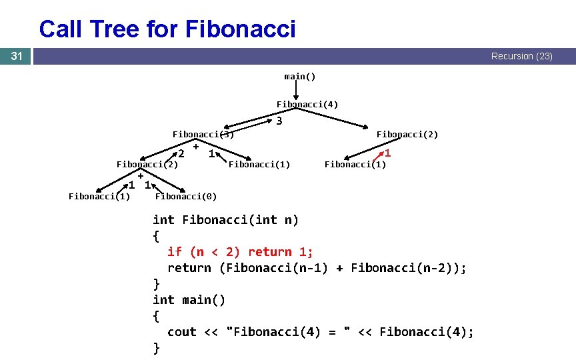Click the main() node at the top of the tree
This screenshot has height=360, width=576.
(300, 76)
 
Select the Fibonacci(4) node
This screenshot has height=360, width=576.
(307, 105)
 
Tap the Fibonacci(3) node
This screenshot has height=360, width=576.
(203, 135)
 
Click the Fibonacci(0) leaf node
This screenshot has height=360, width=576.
(185, 196)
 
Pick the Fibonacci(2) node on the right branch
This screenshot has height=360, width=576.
(407, 135)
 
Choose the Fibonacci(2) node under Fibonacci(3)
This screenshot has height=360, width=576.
(147, 164)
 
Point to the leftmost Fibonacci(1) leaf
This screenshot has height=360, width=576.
(99, 196)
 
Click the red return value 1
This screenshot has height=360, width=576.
(387, 153)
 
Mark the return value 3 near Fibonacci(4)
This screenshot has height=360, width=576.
(279, 121)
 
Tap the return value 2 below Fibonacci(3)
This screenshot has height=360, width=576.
(181, 154)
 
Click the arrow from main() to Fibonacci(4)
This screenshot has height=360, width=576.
(296, 90)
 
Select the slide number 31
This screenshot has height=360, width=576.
(16, 57)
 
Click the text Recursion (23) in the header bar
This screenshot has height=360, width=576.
(521, 57)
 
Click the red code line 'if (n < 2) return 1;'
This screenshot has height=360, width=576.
(240, 251)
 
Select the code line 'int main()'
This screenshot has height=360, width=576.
(189, 299)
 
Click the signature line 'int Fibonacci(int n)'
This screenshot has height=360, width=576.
(225, 219)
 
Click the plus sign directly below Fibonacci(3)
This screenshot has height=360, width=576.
(196, 146)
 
